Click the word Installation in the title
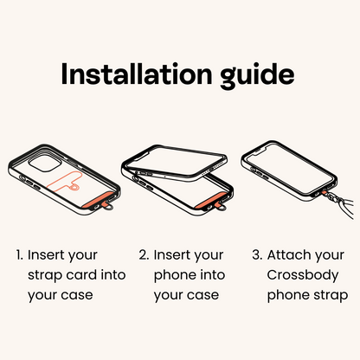(137, 74)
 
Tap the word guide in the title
(257, 75)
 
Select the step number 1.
(19, 255)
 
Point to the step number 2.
(144, 255)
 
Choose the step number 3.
(257, 255)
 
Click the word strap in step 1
(45, 276)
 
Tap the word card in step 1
(81, 274)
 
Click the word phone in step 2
(175, 276)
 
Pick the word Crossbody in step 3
(303, 276)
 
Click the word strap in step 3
(331, 296)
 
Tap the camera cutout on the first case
(45, 164)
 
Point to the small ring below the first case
(109, 207)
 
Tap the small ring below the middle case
(222, 207)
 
